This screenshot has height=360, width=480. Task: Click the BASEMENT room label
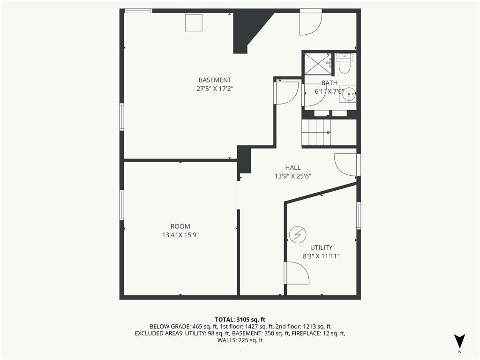tap(215, 80)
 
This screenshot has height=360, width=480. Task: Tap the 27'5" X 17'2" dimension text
tap(215, 89)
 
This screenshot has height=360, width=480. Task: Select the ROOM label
tap(180, 226)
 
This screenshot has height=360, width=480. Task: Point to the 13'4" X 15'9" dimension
tap(180, 235)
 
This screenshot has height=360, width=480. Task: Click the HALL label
tap(292, 167)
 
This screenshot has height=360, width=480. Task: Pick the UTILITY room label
tap(322, 247)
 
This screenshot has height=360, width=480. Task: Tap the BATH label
tap(330, 83)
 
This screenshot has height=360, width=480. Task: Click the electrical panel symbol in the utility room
tap(298, 235)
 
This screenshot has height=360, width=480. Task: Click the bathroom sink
tap(348, 94)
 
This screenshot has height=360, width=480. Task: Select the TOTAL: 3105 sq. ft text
tap(240, 320)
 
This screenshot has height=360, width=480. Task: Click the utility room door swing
tap(296, 273)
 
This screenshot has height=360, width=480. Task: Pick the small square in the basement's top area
tap(194, 22)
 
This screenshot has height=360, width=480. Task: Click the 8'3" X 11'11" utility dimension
tap(322, 256)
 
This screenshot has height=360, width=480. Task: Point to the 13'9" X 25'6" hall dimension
tap(293, 176)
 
